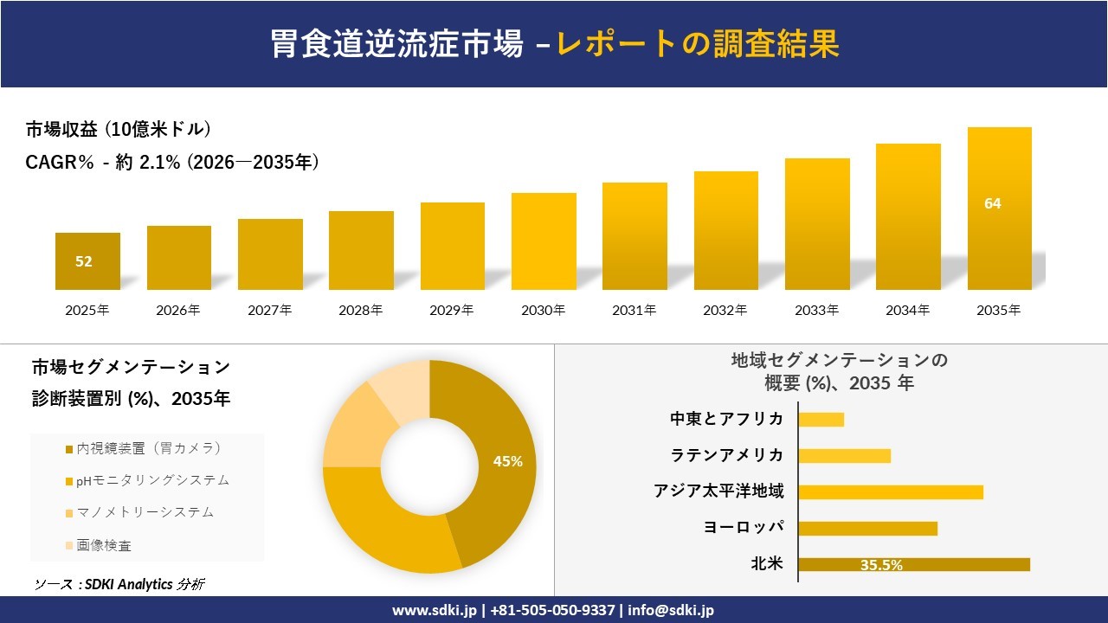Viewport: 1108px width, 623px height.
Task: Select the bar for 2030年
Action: point(544,241)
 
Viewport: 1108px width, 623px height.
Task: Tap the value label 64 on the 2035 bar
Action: point(992,203)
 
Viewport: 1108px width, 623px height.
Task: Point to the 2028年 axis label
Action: point(361,310)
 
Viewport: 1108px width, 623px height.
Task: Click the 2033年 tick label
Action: point(817,310)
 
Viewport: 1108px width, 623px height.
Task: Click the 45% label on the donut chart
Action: point(507,461)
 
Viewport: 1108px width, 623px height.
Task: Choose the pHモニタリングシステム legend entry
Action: point(147,480)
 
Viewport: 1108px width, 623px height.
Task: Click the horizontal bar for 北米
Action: point(913,564)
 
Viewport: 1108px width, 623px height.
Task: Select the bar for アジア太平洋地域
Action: point(890,491)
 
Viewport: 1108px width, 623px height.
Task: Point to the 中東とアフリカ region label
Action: point(727,419)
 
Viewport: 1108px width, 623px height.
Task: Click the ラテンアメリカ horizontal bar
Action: point(844,455)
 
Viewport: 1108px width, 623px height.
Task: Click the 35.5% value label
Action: point(881,565)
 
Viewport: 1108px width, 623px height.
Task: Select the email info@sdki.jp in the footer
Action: point(671,610)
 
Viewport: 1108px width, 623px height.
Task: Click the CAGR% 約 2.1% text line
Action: point(172,162)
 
